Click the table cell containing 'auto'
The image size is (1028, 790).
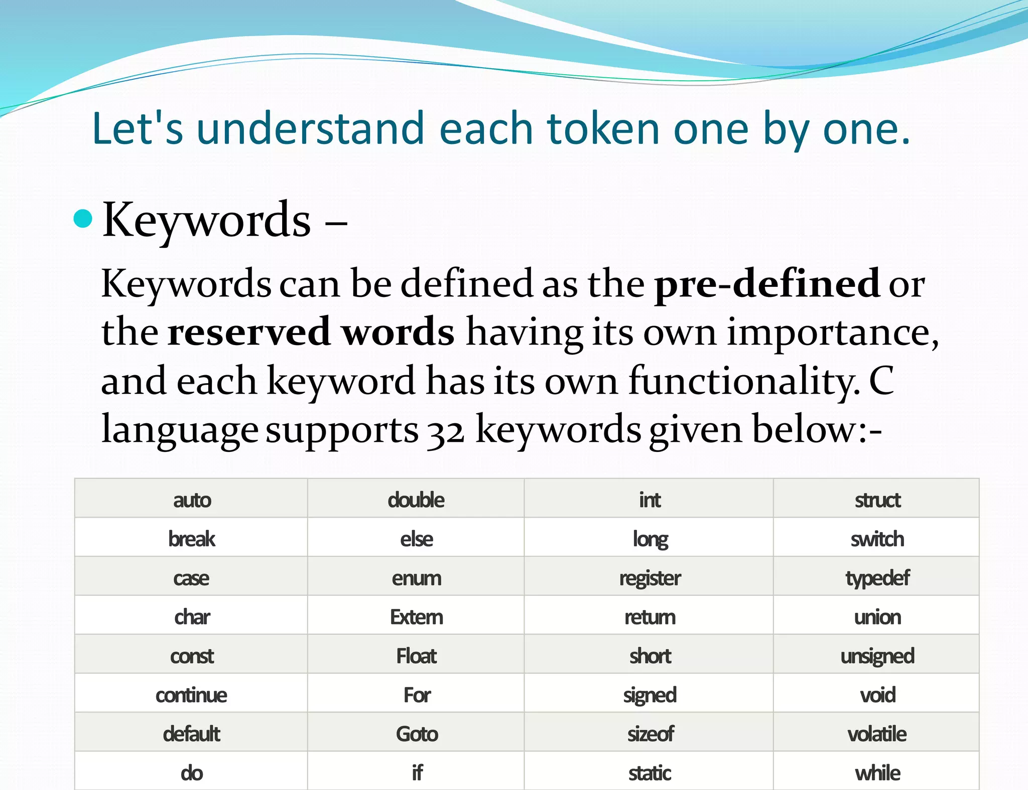192,500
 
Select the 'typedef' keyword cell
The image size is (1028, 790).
877,578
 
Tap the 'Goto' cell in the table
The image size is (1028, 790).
417,734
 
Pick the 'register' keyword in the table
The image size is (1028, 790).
650,578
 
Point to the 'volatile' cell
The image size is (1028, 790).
877,734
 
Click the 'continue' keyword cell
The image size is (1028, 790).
191,695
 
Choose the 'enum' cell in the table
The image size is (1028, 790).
417,578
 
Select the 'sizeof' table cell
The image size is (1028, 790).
650,734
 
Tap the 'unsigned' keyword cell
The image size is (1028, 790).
877,656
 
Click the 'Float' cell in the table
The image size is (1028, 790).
417,656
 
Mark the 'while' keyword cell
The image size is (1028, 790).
877,773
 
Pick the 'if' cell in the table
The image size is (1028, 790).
417,773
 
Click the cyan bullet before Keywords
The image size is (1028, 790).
83,219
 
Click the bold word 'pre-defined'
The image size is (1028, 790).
767,284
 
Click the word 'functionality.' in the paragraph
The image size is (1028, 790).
744,381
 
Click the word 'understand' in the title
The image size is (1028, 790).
310,129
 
